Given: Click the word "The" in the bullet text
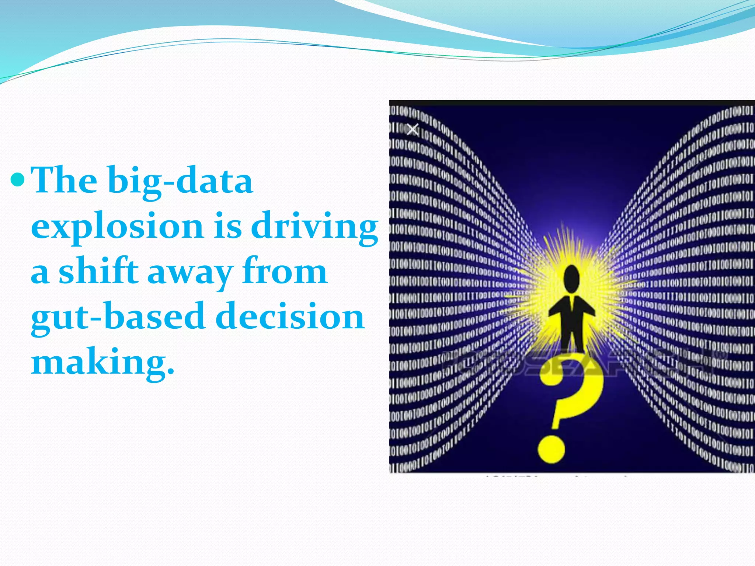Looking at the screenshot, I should tap(64, 181).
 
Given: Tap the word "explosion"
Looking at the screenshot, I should tap(117, 226).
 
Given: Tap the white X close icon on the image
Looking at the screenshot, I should tap(413, 129).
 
